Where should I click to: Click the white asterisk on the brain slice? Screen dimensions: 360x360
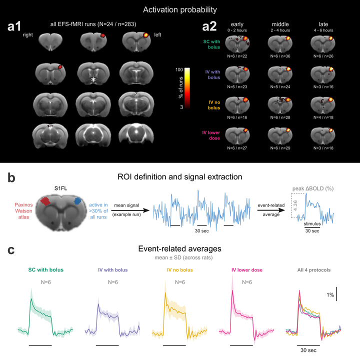[93, 80]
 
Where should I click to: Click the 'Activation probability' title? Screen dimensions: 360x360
[180, 9]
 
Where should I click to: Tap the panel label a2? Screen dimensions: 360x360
[209, 26]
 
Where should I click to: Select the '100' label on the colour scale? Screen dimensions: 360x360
[179, 69]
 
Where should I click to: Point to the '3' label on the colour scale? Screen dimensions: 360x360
[181, 107]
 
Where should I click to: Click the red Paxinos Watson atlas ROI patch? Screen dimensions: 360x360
[45, 201]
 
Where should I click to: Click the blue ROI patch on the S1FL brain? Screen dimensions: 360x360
[77, 200]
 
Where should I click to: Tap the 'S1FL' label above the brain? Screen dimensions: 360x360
[60, 188]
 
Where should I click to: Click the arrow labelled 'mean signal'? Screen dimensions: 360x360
[130, 210]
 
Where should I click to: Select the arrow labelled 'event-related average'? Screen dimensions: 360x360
[271, 210]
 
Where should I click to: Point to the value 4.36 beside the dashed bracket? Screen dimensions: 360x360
[295, 205]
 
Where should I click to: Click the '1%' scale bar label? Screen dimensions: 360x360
[330, 295]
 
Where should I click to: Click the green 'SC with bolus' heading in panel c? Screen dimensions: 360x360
[45, 270]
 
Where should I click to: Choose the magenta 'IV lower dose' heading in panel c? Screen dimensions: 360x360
[247, 270]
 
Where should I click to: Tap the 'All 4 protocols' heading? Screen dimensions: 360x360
[314, 270]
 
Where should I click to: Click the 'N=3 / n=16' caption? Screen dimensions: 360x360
[323, 87]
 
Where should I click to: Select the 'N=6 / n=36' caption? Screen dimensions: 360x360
[280, 56]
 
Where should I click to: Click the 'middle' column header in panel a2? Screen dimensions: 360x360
[280, 24]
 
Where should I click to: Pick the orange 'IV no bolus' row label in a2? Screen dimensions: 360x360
[214, 105]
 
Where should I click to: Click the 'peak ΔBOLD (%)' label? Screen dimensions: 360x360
[313, 188]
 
